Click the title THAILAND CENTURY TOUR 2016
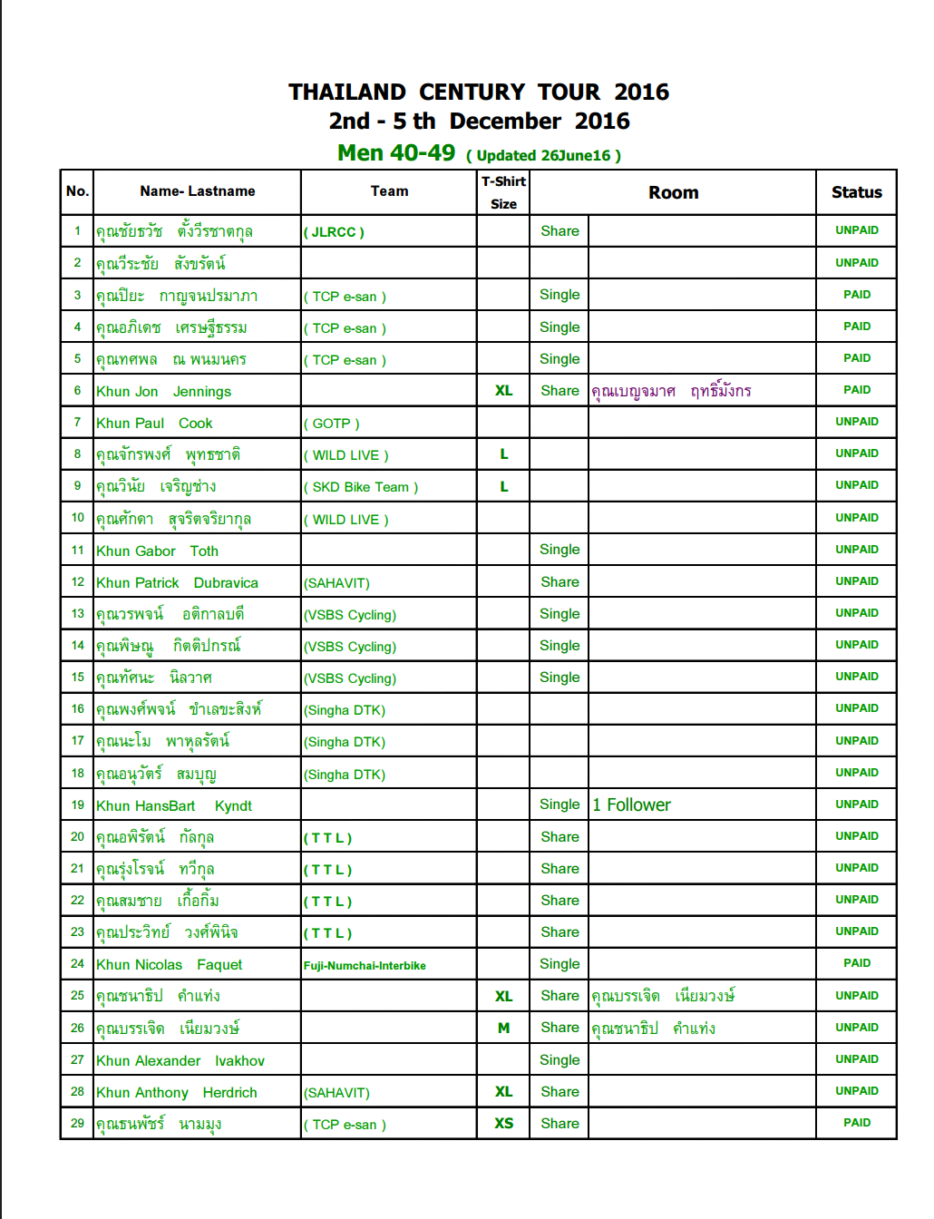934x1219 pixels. tap(479, 93)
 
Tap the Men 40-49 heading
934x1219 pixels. tap(396, 153)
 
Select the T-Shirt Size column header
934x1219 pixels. tap(503, 192)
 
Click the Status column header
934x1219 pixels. tap(856, 192)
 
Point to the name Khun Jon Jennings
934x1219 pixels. tap(164, 392)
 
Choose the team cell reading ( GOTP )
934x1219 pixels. tap(332, 424)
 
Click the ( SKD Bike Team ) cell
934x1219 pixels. tap(361, 487)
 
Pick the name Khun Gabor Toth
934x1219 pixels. tap(158, 551)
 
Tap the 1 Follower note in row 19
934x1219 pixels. tap(632, 805)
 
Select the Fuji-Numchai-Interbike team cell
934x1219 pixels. tap(365, 966)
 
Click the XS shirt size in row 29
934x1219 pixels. tap(503, 1124)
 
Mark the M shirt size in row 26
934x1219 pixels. tap(503, 1029)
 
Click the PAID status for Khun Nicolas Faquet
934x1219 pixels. tap(856, 963)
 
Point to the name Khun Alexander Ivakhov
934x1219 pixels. tap(180, 1061)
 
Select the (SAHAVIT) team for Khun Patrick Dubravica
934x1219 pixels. tap(336, 583)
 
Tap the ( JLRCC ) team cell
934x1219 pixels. tap(334, 232)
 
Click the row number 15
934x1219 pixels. tap(77, 678)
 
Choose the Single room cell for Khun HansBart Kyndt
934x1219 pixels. tap(559, 805)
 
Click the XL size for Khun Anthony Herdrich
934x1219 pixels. tap(503, 1092)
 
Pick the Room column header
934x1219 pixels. tap(673, 192)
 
